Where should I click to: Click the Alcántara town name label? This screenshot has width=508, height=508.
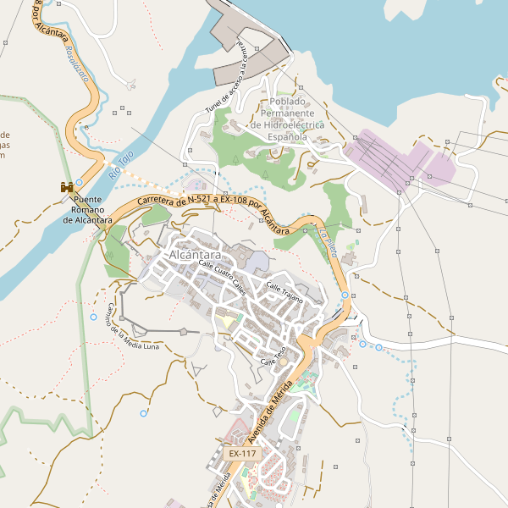[195, 255]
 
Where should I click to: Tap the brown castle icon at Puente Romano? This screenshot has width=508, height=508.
[66, 186]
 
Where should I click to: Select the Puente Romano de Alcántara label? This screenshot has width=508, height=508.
[87, 210]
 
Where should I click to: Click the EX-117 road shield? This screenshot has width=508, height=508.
[242, 454]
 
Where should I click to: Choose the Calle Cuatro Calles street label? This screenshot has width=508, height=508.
[222, 277]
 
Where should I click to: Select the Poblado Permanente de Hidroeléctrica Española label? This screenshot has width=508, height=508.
[287, 119]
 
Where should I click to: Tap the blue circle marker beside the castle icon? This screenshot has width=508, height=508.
[80, 182]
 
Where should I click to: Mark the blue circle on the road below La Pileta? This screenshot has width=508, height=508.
[345, 295]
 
